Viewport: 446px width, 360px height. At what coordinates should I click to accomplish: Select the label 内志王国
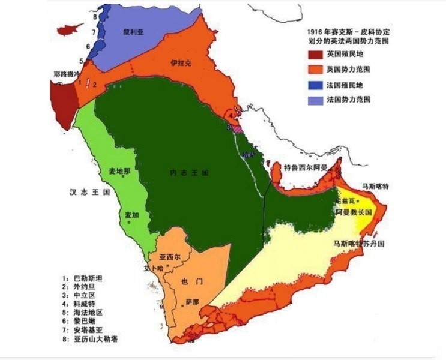coord(188,172)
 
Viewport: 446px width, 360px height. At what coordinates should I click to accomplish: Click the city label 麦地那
coord(119,171)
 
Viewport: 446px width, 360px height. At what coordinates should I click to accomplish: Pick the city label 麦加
coord(131,214)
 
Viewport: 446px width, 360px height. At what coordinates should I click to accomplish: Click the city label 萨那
coord(192,301)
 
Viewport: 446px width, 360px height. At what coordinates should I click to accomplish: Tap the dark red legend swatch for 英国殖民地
coord(315,54)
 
